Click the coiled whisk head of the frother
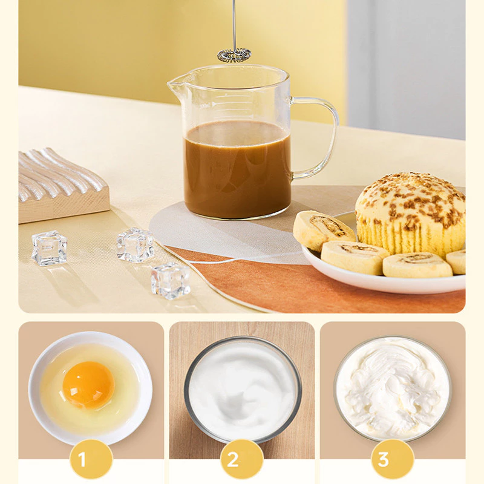[x=234, y=56]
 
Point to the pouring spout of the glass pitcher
[x=174, y=83]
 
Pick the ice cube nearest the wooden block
[x=50, y=248]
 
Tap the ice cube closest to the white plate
[x=170, y=280]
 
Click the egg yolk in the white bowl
[x=88, y=385]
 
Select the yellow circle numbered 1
[x=91, y=459]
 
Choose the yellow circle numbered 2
[x=242, y=459]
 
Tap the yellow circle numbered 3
[x=392, y=459]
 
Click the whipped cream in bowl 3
[x=393, y=387]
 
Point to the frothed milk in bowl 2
[x=243, y=389]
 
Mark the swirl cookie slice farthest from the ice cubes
[x=456, y=262]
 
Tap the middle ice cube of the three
[x=135, y=245]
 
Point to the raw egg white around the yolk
[x=123, y=389]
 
